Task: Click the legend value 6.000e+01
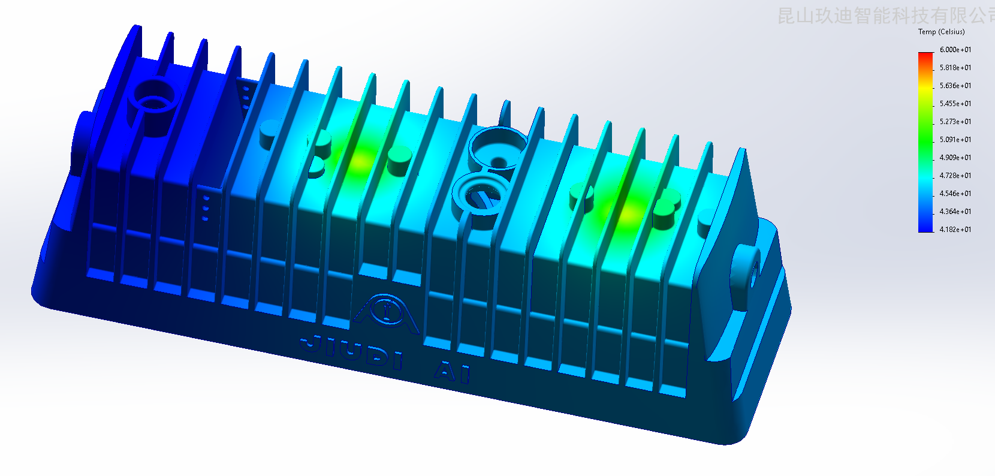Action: (955, 50)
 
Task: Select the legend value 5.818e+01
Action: (955, 68)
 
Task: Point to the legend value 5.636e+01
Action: (955, 86)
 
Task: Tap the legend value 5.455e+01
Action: (955, 104)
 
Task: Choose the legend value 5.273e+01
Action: (955, 122)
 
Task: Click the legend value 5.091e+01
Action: (955, 140)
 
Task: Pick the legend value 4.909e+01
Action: (955, 158)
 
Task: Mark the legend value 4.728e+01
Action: (955, 176)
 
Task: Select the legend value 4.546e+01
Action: (955, 194)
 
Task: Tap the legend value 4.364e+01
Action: (955, 212)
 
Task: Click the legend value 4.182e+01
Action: (955, 230)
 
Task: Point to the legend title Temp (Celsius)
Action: (941, 32)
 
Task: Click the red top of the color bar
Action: (925, 56)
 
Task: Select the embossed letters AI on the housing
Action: (453, 372)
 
